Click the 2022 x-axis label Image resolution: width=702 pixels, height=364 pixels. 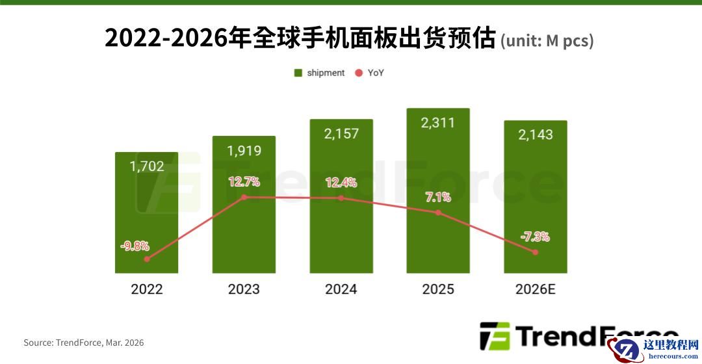point(147,289)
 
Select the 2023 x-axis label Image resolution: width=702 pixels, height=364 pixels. point(244,289)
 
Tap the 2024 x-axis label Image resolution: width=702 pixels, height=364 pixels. point(341,289)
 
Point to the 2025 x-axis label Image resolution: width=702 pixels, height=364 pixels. point(438,289)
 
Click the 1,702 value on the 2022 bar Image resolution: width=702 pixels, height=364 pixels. point(147,166)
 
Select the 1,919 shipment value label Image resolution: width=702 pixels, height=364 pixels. point(244,151)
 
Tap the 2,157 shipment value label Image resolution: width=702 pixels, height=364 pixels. point(341,134)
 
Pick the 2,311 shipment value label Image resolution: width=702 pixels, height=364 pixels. point(438,123)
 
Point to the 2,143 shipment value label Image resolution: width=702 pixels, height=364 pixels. point(536,135)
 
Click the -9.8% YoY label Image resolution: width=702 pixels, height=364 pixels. point(135,246)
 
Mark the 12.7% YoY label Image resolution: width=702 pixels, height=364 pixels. point(244,181)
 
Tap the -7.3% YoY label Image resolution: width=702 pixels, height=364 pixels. point(535,237)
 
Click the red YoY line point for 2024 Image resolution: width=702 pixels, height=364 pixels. point(341,198)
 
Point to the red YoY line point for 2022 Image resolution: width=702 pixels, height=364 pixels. point(147,259)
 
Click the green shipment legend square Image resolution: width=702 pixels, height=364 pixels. point(298,73)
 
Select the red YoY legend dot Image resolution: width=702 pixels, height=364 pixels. point(358,73)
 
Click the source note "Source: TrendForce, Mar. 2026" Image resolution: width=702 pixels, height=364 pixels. point(84,343)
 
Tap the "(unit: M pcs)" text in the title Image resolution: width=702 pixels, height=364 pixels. point(547,41)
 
